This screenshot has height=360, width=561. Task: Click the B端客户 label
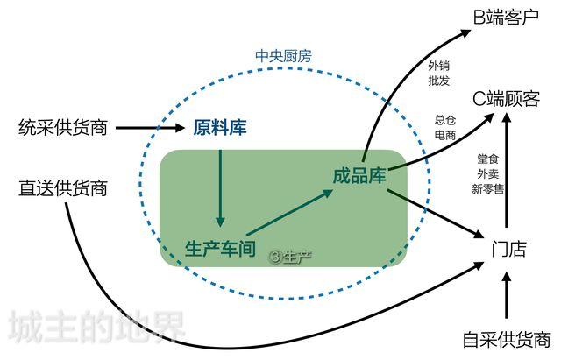(x=506, y=18)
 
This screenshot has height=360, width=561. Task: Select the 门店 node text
(x=508, y=249)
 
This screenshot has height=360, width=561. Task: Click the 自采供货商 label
(x=507, y=340)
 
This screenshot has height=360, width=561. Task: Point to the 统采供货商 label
(x=62, y=128)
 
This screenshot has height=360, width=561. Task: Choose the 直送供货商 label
(x=62, y=187)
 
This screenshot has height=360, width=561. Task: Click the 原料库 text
(x=219, y=129)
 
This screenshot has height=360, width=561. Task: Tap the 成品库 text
(x=359, y=174)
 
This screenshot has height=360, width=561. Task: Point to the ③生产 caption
(x=291, y=258)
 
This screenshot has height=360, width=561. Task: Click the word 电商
(x=445, y=136)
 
